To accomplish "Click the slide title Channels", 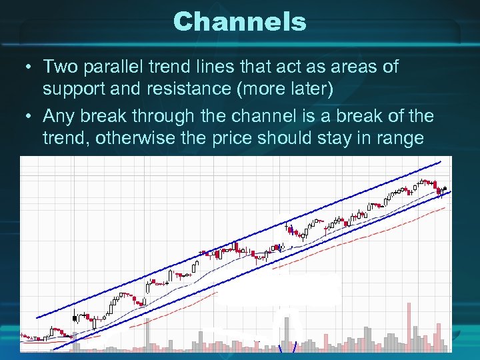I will pos(239,21).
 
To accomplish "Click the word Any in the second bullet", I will pos(60,116).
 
